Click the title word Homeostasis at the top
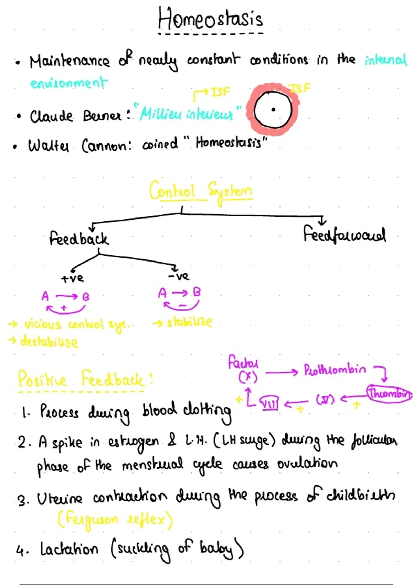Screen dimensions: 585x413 click(210, 19)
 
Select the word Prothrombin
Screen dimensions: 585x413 click(335, 370)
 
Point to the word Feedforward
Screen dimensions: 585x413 click(344, 235)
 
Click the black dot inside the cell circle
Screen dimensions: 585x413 click(273, 110)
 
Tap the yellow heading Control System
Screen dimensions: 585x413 click(201, 191)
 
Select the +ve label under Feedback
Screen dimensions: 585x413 click(72, 278)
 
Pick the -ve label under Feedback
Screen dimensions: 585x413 click(179, 276)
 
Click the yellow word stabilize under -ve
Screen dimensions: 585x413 click(189, 322)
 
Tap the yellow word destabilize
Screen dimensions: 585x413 click(49, 342)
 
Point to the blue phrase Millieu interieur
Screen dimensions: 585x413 click(186, 114)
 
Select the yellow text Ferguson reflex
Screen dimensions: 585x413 click(115, 520)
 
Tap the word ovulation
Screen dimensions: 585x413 click(307, 464)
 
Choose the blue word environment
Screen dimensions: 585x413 click(68, 83)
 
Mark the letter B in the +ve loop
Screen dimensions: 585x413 click(86, 297)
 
